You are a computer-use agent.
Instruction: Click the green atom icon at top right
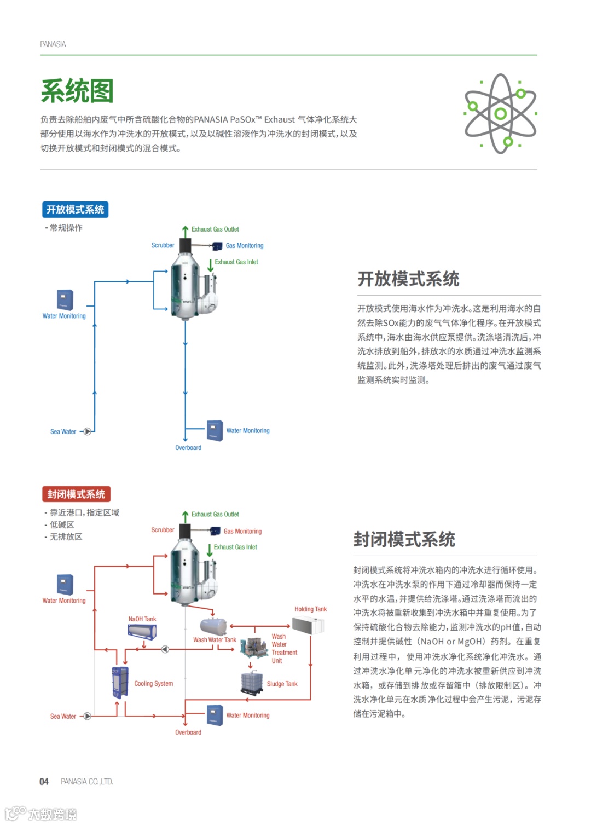[x=500, y=114]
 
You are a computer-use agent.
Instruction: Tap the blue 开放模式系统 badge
[x=75, y=210]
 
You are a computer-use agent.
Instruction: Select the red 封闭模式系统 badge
[x=76, y=494]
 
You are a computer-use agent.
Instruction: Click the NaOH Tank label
[x=142, y=619]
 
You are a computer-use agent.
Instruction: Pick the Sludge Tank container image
[x=252, y=683]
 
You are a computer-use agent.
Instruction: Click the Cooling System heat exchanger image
[x=120, y=682]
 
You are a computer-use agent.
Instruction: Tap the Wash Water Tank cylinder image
[x=213, y=626]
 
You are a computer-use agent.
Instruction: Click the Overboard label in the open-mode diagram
[x=188, y=448]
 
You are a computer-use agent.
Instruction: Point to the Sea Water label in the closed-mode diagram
[x=63, y=716]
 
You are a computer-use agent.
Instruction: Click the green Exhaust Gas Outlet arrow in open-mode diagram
[x=186, y=230]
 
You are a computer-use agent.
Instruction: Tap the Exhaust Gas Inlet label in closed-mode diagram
[x=235, y=547]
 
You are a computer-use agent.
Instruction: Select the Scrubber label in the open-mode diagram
[x=163, y=245]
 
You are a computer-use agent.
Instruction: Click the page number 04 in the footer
[x=44, y=782]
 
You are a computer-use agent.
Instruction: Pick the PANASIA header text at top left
[x=53, y=44]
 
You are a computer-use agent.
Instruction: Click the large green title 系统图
[x=77, y=91]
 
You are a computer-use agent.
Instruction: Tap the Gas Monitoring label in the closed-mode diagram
[x=242, y=531]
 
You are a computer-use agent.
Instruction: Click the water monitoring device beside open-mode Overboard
[x=215, y=430]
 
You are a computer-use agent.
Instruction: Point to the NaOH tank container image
[x=142, y=632]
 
